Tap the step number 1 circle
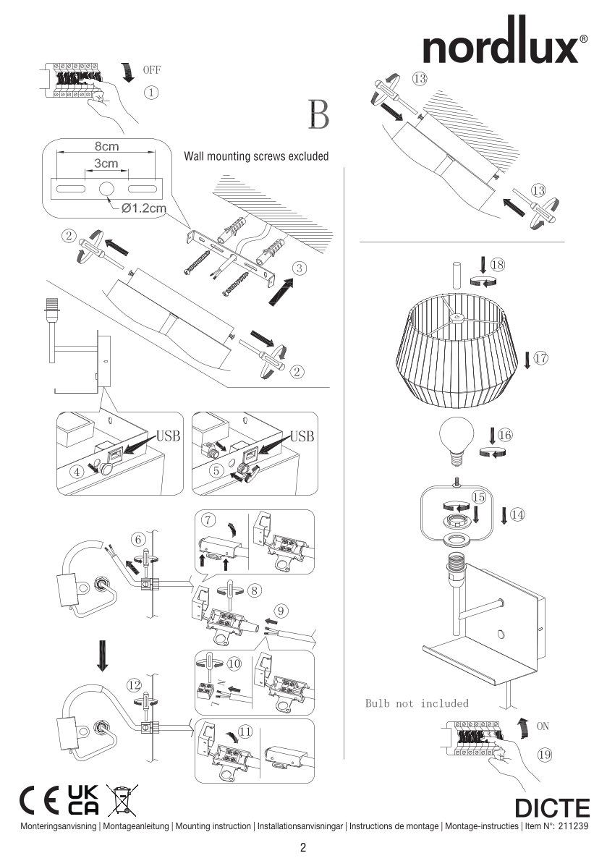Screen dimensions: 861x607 151,93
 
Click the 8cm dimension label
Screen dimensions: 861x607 106,146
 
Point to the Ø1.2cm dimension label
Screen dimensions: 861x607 144,208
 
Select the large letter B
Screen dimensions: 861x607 318,114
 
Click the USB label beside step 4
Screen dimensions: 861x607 168,436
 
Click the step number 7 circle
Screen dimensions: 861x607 208,519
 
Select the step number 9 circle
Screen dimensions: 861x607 282,610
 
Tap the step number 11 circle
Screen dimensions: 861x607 245,731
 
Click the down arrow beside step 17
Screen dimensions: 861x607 526,359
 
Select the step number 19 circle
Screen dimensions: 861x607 545,755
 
